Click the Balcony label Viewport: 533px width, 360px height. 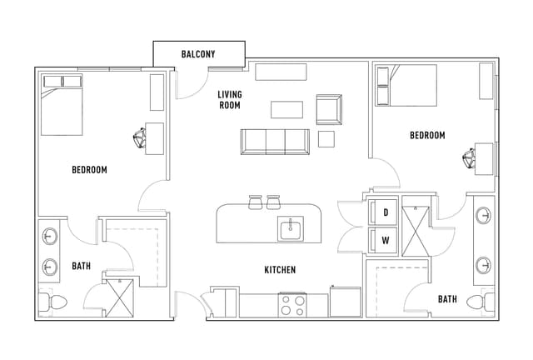tap(198, 54)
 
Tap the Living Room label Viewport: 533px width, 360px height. tap(230, 100)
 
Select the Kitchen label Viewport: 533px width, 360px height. tap(280, 270)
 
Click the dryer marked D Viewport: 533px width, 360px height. tap(383, 212)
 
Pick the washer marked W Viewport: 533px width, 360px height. tap(383, 240)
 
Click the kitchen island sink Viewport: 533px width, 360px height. tap(291, 228)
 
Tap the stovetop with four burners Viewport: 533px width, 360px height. tap(292, 305)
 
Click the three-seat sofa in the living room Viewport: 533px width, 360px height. tap(275, 142)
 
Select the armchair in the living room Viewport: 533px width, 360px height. tap(329, 109)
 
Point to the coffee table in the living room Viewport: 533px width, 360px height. tap(286, 109)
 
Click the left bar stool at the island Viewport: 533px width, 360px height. tap(256, 202)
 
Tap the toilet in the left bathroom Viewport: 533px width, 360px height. tap(52, 302)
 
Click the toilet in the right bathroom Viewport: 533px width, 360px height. tap(481, 302)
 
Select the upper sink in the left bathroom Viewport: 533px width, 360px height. tap(50, 236)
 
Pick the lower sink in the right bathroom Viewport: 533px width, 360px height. tap(483, 265)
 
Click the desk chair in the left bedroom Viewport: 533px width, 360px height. tap(139, 138)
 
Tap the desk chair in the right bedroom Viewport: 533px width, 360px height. tap(468, 158)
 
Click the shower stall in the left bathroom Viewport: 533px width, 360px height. tap(120, 298)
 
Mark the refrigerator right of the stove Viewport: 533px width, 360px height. tap(345, 302)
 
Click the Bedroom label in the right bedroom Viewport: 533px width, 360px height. tap(427, 136)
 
